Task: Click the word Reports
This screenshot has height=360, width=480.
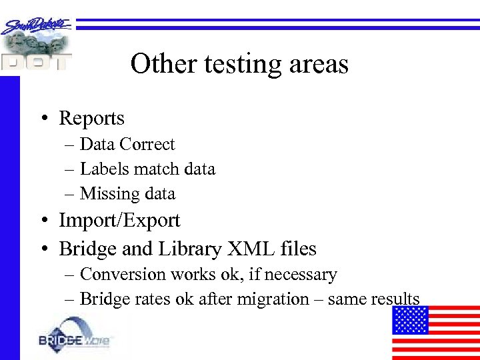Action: tap(91, 119)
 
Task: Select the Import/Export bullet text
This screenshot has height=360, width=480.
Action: tap(119, 221)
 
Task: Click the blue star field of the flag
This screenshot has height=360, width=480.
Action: tap(409, 320)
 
